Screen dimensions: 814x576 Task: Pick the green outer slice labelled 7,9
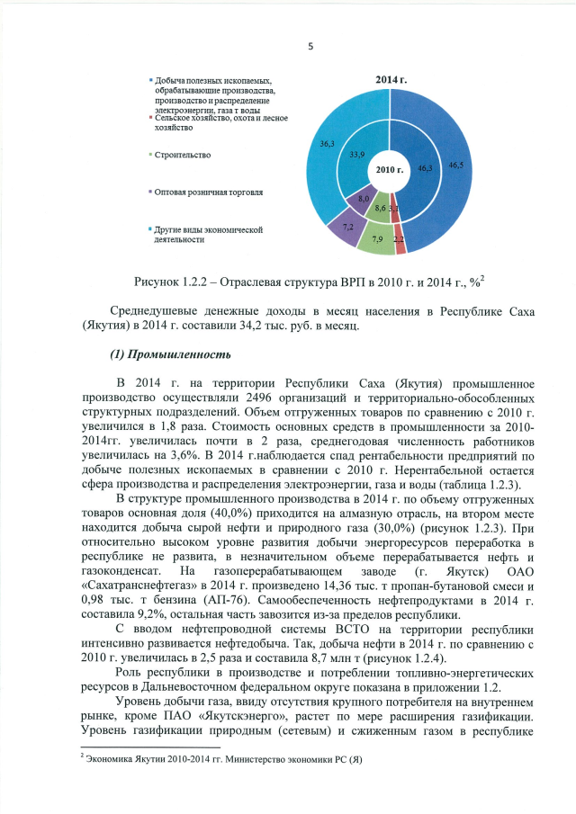[x=377, y=239]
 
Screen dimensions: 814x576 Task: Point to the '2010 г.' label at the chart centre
[x=390, y=169]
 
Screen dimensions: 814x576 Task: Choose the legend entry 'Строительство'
[x=183, y=155]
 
